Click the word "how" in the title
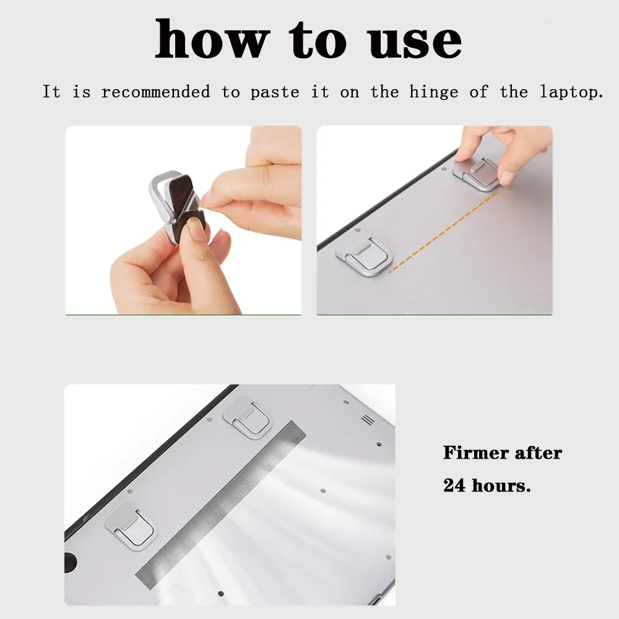coord(209,40)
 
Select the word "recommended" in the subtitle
coord(156,92)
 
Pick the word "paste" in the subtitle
coord(274,93)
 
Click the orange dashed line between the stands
coord(442,232)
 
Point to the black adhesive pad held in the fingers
coord(187,204)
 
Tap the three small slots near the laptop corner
coord(368,419)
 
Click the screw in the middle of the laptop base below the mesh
coord(324,488)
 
